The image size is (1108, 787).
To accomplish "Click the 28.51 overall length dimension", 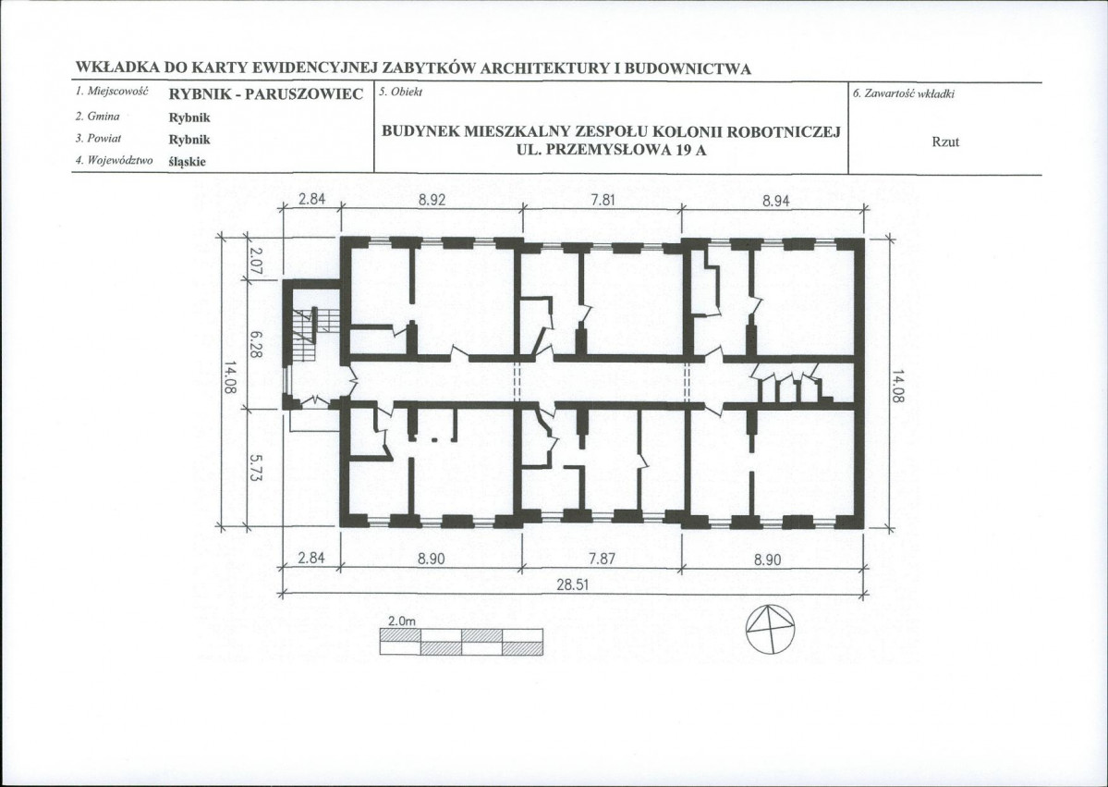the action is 572,584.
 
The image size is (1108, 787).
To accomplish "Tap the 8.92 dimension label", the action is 432,200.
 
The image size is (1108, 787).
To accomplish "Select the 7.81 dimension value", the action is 603,200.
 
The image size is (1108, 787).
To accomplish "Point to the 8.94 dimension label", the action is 776,201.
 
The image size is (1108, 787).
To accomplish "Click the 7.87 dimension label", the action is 602,559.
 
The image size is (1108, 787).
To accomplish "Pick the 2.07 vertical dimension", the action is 255,261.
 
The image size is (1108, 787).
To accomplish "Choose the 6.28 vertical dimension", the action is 255,344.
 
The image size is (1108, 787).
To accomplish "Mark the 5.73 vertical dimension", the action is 255,468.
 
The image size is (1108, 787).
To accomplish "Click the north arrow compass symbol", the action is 770,630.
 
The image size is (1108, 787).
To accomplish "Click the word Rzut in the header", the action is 944,141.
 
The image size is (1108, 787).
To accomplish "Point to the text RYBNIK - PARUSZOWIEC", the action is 266,94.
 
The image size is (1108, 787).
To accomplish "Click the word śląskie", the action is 188,161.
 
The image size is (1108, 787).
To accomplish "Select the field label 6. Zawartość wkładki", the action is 904,93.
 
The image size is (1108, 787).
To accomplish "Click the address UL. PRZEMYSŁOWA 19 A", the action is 612,150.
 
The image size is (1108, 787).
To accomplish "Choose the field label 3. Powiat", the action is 98,139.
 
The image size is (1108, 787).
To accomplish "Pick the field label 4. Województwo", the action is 114,161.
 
